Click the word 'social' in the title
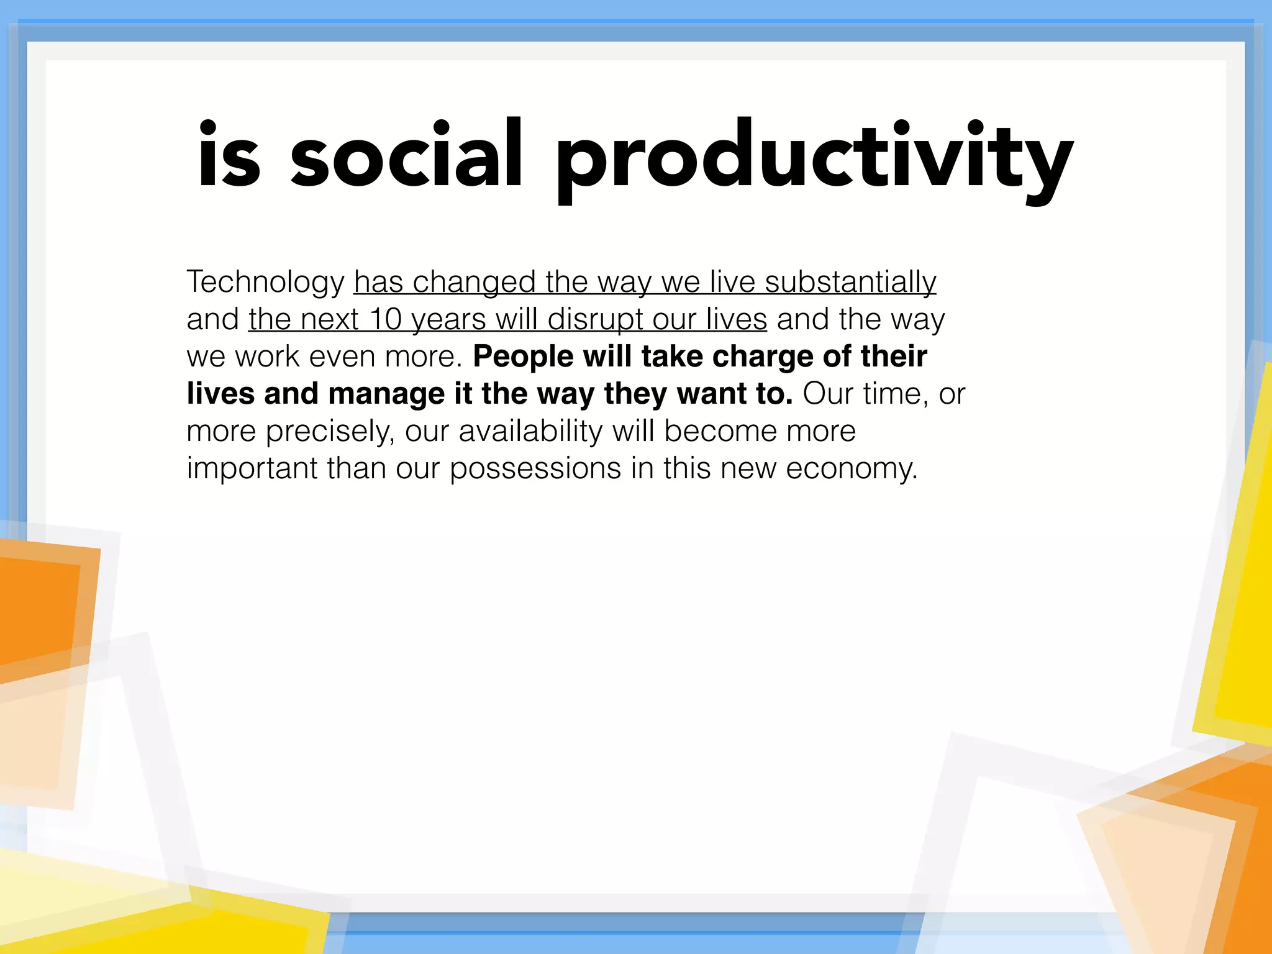tap(407, 155)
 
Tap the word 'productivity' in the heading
tap(814, 158)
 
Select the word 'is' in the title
tap(229, 155)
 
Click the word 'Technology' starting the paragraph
tap(265, 283)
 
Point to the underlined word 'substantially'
tap(850, 283)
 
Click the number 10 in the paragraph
tap(385, 319)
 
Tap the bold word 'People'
tap(523, 357)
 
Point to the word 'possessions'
tap(535, 469)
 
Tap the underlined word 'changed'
tap(474, 283)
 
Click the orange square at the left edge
tap(37, 609)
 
